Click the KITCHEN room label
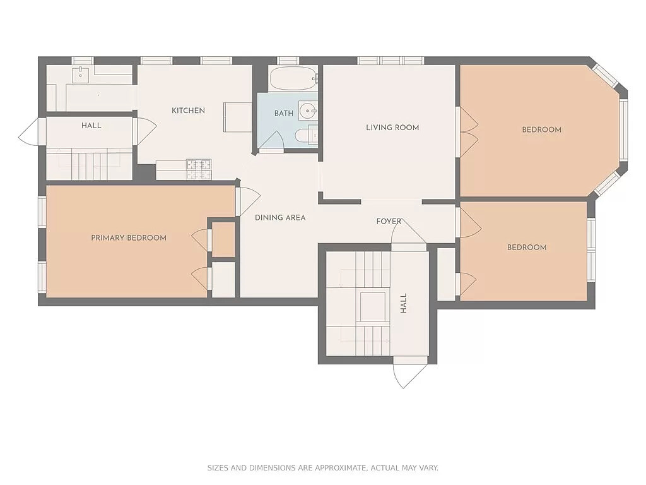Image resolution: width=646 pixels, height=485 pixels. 188,111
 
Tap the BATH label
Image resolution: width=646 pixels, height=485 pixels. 283,114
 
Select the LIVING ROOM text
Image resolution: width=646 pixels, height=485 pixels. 392,128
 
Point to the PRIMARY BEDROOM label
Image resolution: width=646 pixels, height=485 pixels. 129,238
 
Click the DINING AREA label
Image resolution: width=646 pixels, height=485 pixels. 280,218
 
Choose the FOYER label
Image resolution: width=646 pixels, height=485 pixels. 389,221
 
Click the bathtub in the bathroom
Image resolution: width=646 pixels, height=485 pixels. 293,80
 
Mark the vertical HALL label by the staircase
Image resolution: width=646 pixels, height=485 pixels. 404,304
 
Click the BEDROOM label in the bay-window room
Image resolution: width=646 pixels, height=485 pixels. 541,130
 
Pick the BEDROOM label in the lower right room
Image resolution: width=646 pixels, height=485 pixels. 527,248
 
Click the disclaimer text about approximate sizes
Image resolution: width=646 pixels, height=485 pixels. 323,468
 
